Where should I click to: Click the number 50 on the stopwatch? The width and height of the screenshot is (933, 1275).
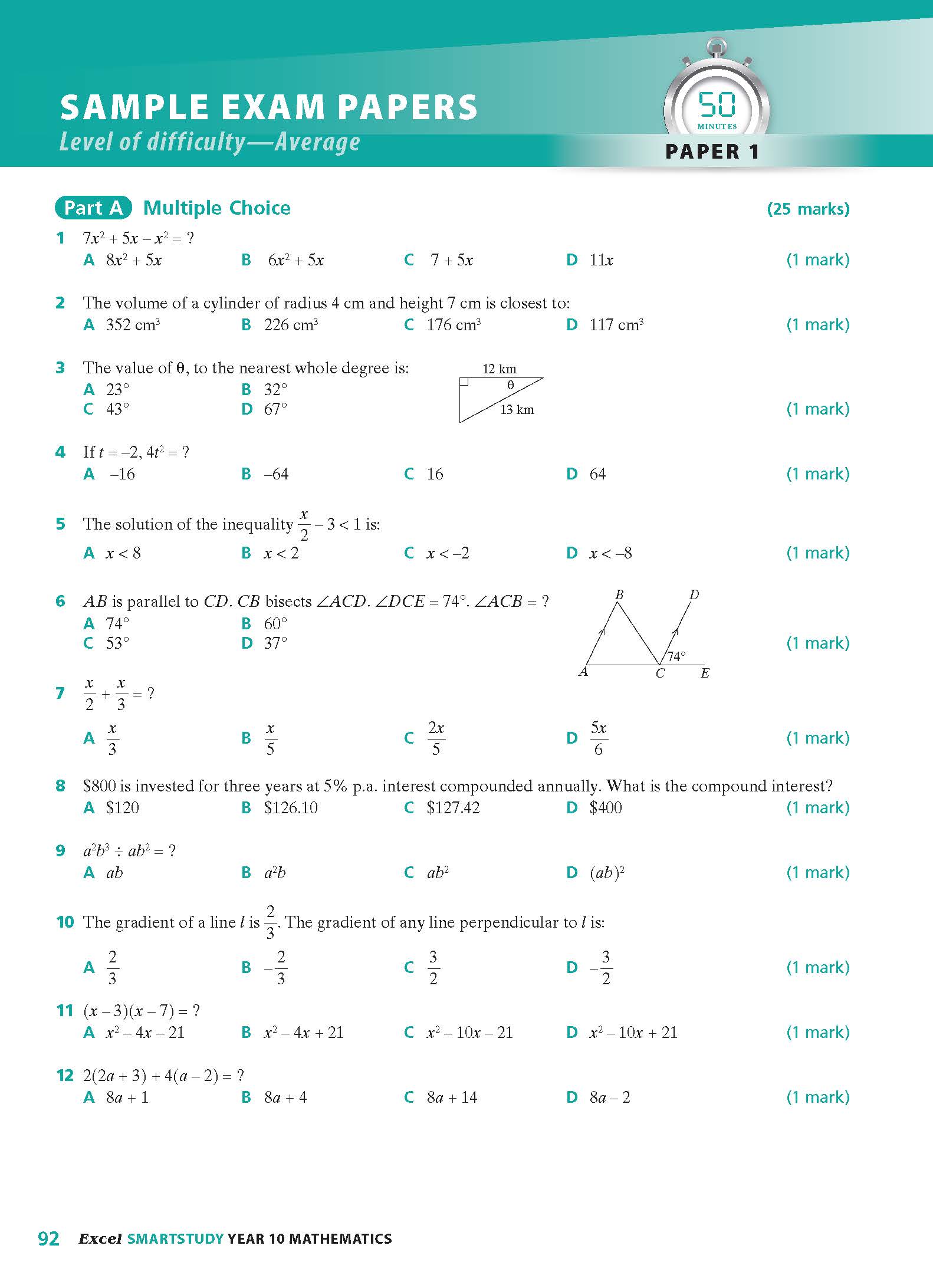click(x=717, y=105)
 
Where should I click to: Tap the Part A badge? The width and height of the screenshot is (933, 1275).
click(x=93, y=208)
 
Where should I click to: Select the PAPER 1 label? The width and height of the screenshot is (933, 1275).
click(x=712, y=152)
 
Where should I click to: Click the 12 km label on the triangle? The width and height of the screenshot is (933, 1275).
click(x=499, y=369)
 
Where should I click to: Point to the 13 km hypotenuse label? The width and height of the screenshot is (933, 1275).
click(x=517, y=410)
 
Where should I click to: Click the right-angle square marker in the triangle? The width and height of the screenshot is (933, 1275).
click(x=464, y=382)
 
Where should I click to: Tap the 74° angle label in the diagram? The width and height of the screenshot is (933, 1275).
click(x=676, y=656)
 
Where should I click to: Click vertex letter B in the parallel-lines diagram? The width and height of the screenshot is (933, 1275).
click(x=619, y=594)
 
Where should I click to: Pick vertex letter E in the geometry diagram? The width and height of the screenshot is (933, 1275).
click(x=705, y=673)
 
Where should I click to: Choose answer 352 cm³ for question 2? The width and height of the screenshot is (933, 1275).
click(x=133, y=325)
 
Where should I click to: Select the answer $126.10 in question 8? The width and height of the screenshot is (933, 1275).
click(x=290, y=808)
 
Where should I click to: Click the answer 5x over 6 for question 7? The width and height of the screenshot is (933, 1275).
click(x=599, y=738)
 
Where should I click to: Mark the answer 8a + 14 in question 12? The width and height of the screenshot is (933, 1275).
click(x=452, y=1097)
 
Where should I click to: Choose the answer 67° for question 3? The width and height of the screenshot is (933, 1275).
click(x=275, y=409)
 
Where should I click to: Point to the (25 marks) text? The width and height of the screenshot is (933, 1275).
click(x=808, y=209)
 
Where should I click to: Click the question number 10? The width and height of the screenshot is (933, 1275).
click(x=65, y=922)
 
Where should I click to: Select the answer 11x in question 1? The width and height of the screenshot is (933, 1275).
click(x=601, y=260)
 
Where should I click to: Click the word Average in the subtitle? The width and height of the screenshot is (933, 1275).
click(x=317, y=142)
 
